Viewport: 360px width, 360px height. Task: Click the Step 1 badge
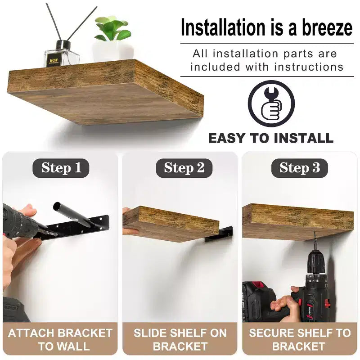[x=61, y=168]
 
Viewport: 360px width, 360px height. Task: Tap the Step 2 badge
[x=184, y=168]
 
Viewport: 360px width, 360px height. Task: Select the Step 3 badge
[x=299, y=168]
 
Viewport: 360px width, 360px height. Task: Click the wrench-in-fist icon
[x=271, y=104]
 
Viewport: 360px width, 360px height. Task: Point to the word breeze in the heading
[x=327, y=27]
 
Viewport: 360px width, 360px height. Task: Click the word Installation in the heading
[x=223, y=27]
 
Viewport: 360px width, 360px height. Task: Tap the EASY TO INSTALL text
[x=271, y=138]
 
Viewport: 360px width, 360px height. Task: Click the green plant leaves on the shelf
[x=112, y=28]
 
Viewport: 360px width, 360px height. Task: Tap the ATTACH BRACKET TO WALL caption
[x=60, y=340]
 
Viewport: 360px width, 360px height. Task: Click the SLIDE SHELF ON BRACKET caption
[x=180, y=340]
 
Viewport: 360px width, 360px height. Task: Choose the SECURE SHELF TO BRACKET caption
[x=300, y=340]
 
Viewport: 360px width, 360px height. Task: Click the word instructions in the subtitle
[x=309, y=67]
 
